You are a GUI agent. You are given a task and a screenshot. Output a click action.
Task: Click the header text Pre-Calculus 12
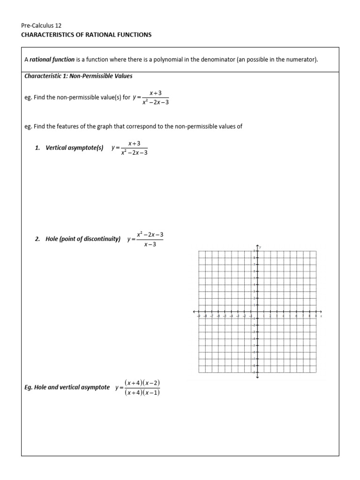pyautogui.click(x=41, y=26)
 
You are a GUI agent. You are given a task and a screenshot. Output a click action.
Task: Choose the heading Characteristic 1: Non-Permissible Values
pyautogui.click(x=78, y=76)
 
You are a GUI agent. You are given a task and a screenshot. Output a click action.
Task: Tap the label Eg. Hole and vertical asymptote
pyautogui.click(x=67, y=388)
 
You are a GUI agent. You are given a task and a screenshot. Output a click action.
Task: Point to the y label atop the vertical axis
pyautogui.click(x=261, y=247)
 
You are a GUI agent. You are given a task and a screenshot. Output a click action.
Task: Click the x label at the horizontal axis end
pyautogui.click(x=322, y=316)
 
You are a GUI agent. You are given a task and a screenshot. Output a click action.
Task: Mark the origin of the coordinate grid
pyautogui.click(x=257, y=311)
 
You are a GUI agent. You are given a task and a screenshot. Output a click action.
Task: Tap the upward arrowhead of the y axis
pyautogui.click(x=257, y=246)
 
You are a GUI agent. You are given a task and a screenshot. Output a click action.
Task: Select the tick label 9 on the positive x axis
pyautogui.click(x=316, y=316)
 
